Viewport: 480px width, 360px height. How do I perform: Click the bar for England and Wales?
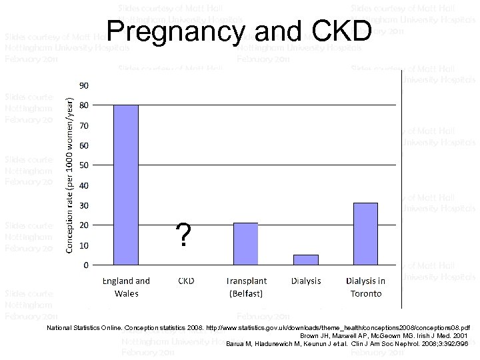coord(126,185)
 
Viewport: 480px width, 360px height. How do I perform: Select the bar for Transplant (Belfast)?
coord(245,244)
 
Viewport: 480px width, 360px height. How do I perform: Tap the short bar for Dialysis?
coord(306,259)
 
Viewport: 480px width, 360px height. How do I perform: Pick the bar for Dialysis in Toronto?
coord(365,233)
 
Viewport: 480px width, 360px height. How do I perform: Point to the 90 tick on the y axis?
coord(84,85)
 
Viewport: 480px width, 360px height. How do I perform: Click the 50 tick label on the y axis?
coord(84,165)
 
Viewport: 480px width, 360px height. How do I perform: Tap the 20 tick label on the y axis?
coord(84,225)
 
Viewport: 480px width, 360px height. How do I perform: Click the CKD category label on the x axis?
coord(185,281)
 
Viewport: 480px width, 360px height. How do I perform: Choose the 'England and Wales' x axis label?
coord(126,287)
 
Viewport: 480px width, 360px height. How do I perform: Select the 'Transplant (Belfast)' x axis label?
coord(245,287)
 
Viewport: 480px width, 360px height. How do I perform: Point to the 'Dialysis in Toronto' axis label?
coord(365,287)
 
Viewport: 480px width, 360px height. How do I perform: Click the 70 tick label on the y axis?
coord(84,125)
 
